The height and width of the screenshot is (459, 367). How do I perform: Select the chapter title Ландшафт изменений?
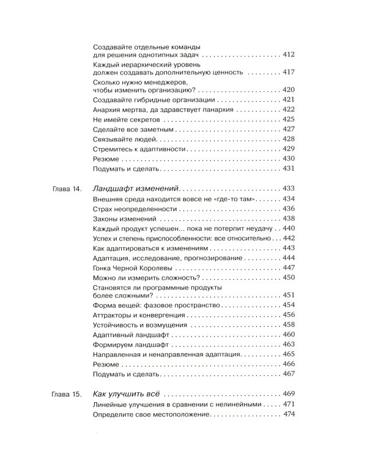click(x=136, y=188)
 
